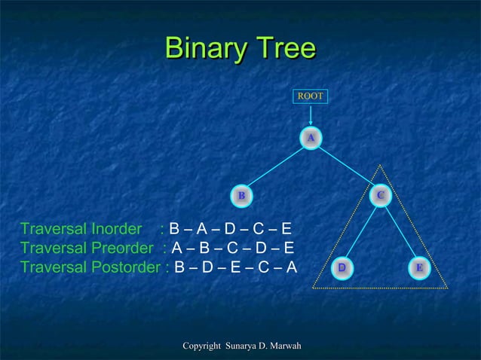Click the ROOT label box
point(310,96)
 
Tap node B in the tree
point(241,196)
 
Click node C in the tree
point(381,196)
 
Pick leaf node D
point(342,267)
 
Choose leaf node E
point(419,267)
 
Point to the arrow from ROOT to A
point(310,116)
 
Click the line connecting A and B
point(275,166)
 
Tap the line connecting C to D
point(361,232)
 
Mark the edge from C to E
point(400,232)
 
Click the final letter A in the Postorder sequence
point(291,268)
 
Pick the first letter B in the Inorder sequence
point(174,229)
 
